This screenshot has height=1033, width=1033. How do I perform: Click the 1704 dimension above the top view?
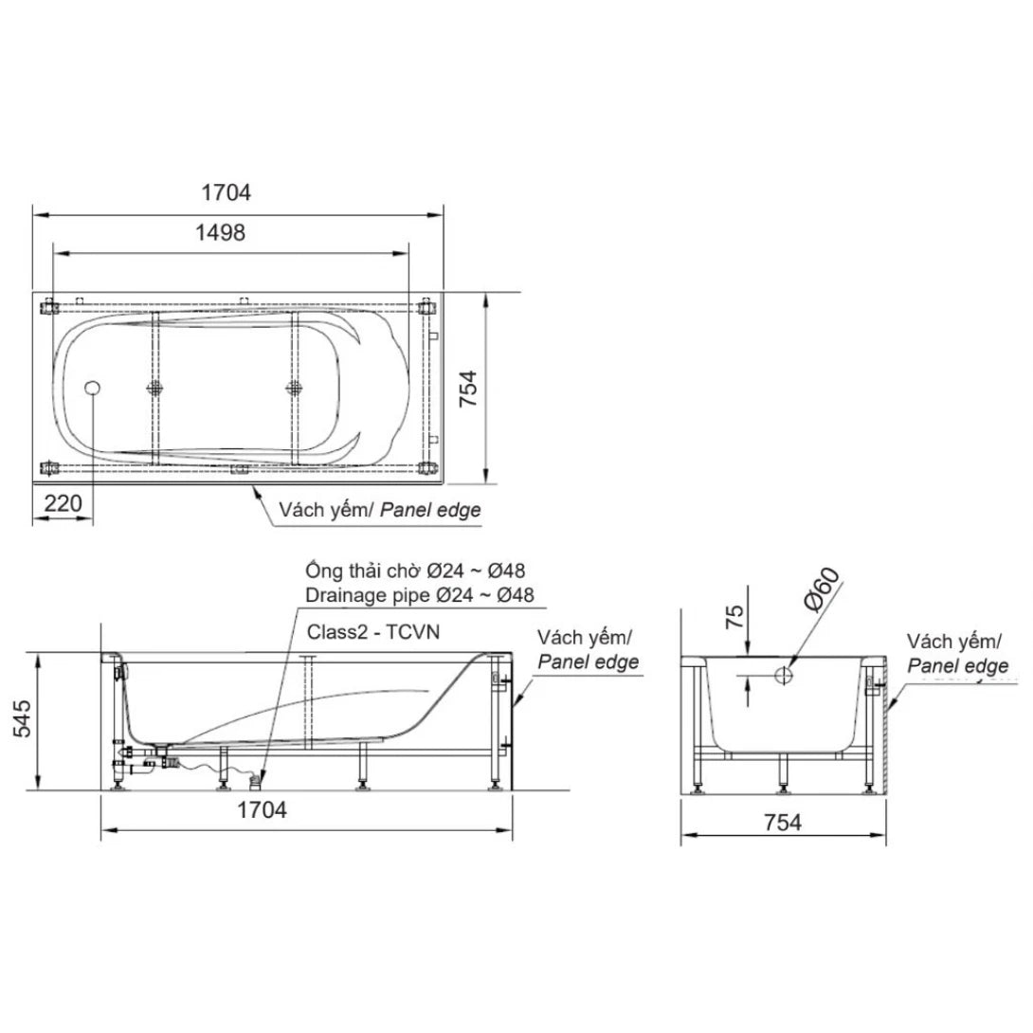click(x=226, y=192)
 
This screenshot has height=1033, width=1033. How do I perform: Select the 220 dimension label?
click(x=63, y=503)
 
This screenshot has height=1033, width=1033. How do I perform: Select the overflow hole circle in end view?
click(x=784, y=676)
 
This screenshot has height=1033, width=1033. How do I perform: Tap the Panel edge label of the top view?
click(x=431, y=510)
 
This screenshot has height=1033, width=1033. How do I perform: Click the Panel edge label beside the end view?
click(x=957, y=666)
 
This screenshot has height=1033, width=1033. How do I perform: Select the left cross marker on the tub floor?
click(x=155, y=387)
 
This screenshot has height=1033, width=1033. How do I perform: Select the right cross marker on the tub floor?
click(x=294, y=387)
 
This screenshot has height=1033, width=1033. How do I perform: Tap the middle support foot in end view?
click(x=784, y=775)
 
